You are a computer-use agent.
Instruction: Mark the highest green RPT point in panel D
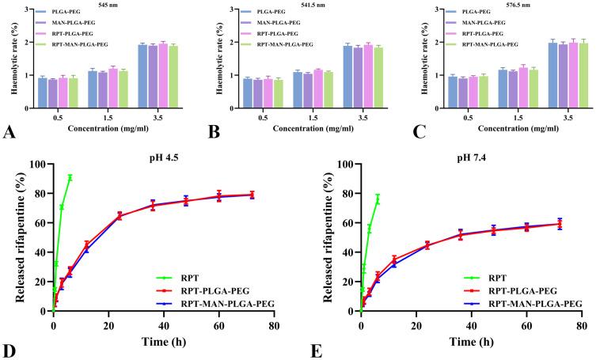(x=70, y=177)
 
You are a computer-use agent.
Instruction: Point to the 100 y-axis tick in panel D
(x=35, y=164)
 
